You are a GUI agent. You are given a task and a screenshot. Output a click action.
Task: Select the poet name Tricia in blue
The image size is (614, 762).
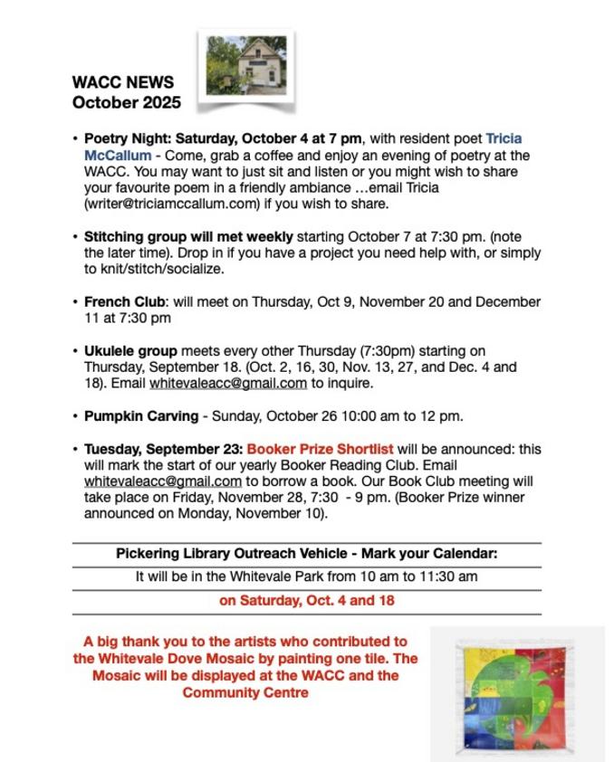click(504, 138)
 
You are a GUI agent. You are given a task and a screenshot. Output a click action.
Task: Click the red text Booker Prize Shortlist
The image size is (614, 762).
click(320, 448)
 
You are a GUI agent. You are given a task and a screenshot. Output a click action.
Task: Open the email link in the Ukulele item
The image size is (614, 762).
click(228, 383)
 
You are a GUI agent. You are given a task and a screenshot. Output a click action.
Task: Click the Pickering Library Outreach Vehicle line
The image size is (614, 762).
click(306, 553)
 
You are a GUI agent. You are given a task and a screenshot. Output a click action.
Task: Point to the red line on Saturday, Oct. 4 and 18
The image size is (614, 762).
click(306, 600)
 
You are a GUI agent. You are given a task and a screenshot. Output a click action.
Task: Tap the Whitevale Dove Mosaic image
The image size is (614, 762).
click(516, 693)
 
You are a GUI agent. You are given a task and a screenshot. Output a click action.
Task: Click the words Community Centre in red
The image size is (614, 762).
click(245, 692)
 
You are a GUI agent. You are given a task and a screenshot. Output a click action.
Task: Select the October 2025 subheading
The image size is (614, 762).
click(126, 102)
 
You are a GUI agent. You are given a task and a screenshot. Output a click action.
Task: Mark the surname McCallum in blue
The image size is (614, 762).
click(118, 155)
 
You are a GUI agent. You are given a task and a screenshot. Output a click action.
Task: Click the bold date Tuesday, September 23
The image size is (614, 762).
click(162, 448)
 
